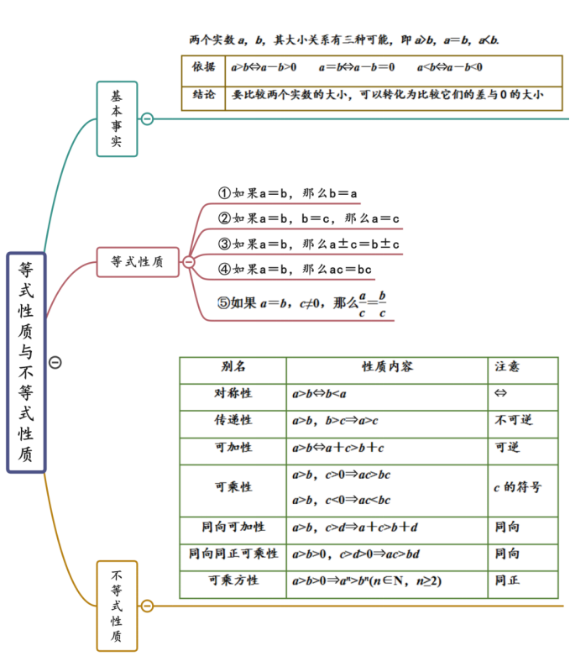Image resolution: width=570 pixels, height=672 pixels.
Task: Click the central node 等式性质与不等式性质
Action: [26, 363]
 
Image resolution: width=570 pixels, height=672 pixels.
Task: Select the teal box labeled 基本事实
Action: [117, 118]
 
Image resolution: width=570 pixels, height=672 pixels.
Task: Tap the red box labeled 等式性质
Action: [138, 262]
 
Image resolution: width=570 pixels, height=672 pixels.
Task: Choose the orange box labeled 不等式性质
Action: [117, 606]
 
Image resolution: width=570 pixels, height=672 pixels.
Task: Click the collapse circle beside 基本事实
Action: [147, 118]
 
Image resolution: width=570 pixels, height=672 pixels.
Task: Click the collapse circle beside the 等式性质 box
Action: [188, 262]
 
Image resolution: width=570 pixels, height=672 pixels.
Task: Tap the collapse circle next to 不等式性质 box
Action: [147, 606]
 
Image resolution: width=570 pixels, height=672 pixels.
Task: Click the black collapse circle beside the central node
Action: [55, 363]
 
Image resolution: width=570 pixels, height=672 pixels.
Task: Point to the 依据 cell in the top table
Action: [203, 67]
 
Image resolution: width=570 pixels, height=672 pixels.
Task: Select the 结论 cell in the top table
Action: [203, 94]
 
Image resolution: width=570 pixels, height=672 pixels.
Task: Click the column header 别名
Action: [233, 366]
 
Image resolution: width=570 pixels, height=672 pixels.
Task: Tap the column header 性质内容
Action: [387, 366]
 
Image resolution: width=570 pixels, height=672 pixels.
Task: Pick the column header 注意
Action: [507, 366]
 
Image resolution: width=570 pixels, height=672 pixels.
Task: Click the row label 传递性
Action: [233, 420]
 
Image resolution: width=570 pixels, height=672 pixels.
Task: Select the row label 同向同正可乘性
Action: [233, 554]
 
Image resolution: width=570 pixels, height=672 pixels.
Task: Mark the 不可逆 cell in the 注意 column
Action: [514, 420]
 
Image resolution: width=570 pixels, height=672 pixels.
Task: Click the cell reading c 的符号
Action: [517, 487]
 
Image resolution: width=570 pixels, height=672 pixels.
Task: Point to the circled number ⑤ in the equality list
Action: [224, 303]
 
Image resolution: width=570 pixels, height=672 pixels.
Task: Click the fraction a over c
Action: [363, 304]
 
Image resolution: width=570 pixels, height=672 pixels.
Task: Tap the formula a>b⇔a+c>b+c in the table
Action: [338, 448]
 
